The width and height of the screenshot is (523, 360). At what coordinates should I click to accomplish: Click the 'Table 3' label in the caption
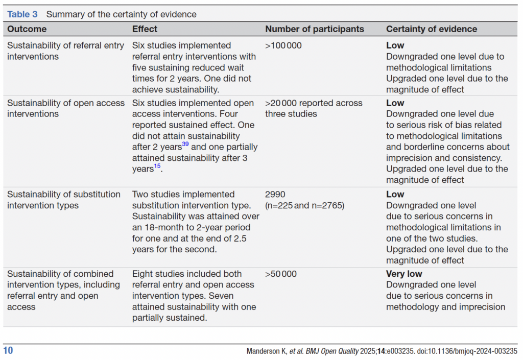click(22, 14)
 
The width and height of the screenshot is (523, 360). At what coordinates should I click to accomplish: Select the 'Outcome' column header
click(27, 29)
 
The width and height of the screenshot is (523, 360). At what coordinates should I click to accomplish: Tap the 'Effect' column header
click(145, 29)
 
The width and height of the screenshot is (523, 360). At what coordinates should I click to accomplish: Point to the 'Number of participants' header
click(315, 29)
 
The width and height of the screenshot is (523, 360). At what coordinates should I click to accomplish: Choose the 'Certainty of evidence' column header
click(432, 29)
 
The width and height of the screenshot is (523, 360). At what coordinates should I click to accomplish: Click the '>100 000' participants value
click(283, 45)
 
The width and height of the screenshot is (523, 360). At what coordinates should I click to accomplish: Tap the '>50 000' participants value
click(281, 274)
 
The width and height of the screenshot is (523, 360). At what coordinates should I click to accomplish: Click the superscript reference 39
click(185, 145)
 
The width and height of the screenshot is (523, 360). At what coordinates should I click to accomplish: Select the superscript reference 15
click(157, 166)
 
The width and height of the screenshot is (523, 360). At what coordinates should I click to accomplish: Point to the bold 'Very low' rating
click(404, 274)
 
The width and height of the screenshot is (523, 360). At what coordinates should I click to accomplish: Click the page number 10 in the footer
click(8, 351)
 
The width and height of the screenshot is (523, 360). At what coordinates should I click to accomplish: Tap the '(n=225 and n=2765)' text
click(305, 206)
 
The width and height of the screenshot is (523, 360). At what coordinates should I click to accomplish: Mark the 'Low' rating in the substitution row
click(395, 195)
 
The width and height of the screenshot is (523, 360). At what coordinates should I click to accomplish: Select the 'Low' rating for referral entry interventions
click(395, 45)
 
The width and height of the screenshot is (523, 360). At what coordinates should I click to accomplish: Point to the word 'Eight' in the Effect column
click(144, 274)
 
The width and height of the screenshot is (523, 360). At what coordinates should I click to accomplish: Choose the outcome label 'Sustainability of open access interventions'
click(65, 108)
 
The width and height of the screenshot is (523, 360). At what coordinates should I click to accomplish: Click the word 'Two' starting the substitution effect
click(140, 195)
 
